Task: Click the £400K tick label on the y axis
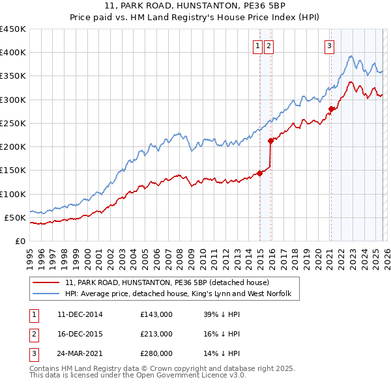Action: click(13, 53)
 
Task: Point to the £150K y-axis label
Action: click(13, 171)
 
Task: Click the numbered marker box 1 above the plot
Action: click(258, 46)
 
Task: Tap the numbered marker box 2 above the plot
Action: click(268, 46)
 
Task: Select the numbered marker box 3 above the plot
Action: click(330, 46)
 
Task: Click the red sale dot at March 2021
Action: click(331, 109)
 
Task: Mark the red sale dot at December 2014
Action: click(259, 173)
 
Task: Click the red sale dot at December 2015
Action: click(271, 141)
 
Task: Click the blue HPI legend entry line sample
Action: click(46, 295)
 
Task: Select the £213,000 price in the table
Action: click(156, 334)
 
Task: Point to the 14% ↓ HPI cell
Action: click(222, 353)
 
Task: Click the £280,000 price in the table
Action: click(156, 353)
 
